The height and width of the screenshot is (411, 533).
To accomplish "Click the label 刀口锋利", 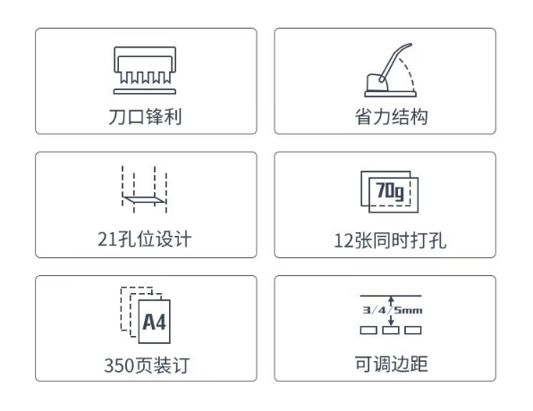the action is [145, 117].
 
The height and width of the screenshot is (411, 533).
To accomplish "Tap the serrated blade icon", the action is [145, 65].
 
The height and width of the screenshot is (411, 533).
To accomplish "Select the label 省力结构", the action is [391, 117].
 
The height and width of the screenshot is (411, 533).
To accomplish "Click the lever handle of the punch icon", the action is [394, 62].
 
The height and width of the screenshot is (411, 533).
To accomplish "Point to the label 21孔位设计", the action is [145, 239].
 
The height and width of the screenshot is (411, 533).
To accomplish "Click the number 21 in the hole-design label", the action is [107, 239].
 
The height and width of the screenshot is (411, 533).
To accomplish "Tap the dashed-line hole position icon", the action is [145, 189].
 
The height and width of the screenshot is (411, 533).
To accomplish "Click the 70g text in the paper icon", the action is [390, 191].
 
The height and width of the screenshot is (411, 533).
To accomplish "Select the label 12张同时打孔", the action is [390, 240].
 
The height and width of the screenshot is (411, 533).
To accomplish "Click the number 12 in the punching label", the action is [343, 241].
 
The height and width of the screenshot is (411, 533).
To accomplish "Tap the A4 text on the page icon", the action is [154, 322].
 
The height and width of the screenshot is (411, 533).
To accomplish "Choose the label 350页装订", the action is [147, 365].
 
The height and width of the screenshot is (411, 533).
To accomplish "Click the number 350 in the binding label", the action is [119, 365].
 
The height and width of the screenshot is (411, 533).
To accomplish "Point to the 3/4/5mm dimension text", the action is [392, 310].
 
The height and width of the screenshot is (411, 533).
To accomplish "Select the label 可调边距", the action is [391, 364].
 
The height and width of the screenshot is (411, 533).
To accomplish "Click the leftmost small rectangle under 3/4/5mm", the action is [368, 331].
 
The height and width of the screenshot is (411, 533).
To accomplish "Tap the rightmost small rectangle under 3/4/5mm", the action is [413, 331].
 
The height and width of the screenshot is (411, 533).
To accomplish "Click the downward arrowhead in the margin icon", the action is [391, 322].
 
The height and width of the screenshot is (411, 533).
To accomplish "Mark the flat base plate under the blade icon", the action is [145, 91].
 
